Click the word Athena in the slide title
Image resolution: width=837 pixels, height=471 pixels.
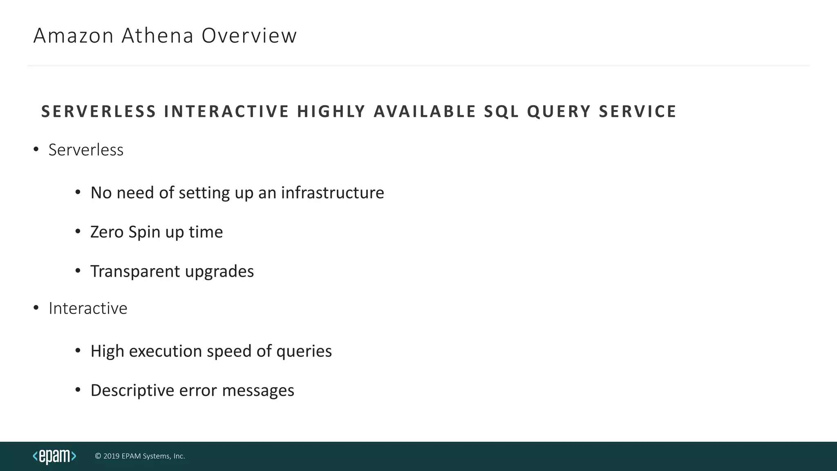coord(157,36)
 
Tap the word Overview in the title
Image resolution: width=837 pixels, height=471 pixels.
coord(249,36)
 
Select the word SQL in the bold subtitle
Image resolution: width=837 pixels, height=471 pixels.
coord(501,112)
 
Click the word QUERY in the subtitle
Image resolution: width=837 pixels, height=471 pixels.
coord(559,112)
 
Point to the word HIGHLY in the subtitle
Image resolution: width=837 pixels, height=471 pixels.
coord(331,112)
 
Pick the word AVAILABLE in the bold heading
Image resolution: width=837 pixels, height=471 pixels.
coord(425,112)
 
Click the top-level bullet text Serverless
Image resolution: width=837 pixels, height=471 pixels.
coord(86,150)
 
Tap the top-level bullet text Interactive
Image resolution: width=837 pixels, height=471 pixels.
coord(88,308)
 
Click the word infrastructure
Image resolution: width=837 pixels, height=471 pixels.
coord(332,193)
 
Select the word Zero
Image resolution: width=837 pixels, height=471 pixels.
coord(107,232)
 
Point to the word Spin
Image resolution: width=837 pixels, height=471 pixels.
coord(144,232)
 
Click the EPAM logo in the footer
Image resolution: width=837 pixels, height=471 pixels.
coord(54,456)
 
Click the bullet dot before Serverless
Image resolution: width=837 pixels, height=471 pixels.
coord(36,149)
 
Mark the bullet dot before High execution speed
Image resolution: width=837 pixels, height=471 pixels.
coord(78,350)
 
